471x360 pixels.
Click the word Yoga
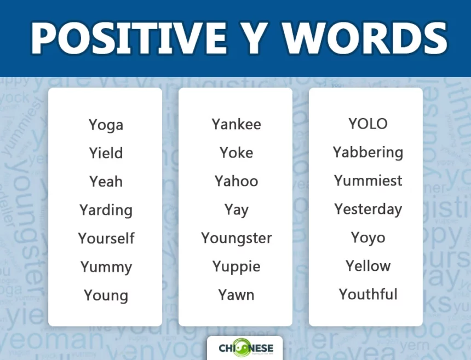click(106, 125)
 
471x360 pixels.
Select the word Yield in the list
click(106, 153)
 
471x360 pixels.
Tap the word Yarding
click(106, 210)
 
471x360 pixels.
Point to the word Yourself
click(106, 239)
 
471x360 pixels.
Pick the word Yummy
click(106, 268)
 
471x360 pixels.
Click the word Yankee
click(236, 124)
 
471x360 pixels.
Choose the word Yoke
click(236, 153)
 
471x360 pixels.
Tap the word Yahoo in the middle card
click(236, 181)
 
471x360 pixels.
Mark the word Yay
click(236, 210)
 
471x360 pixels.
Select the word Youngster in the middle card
click(236, 239)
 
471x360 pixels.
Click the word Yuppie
click(236, 267)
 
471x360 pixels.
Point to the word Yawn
click(236, 295)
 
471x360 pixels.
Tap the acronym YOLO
click(367, 124)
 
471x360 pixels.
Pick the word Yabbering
click(367, 153)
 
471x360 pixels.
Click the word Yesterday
click(367, 210)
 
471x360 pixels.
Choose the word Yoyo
click(367, 238)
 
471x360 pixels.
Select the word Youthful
click(367, 294)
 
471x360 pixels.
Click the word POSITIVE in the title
click(129, 39)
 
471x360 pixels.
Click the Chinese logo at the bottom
click(244, 348)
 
